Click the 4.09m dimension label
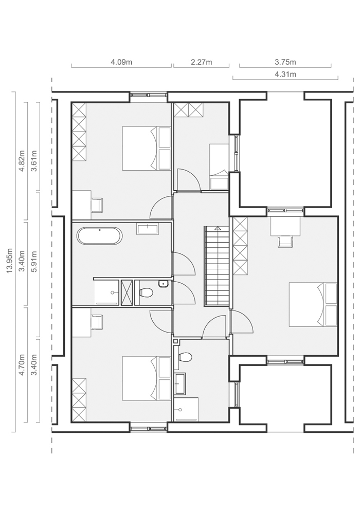pyautogui.click(x=121, y=62)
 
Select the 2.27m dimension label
pyautogui.click(x=201, y=62)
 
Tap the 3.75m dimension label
pyautogui.click(x=285, y=62)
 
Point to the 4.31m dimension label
pyautogui.click(x=285, y=75)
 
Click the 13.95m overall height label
pyautogui.click(x=10, y=261)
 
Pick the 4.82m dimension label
pyautogui.click(x=22, y=161)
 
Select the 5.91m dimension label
pyautogui.click(x=34, y=261)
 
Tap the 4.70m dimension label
pyautogui.click(x=22, y=365)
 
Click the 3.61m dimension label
pyautogui.click(x=34, y=161)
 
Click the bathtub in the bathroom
pyautogui.click(x=100, y=236)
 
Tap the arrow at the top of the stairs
pyautogui.click(x=217, y=228)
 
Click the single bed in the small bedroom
pyautogui.click(x=219, y=167)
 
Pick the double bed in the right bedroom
pyautogui.click(x=313, y=304)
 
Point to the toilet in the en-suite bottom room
pyautogui.click(x=185, y=357)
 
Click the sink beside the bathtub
pyautogui.click(x=148, y=229)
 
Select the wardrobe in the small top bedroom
pyautogui.click(x=188, y=110)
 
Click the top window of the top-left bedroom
pyautogui.click(x=148, y=95)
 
